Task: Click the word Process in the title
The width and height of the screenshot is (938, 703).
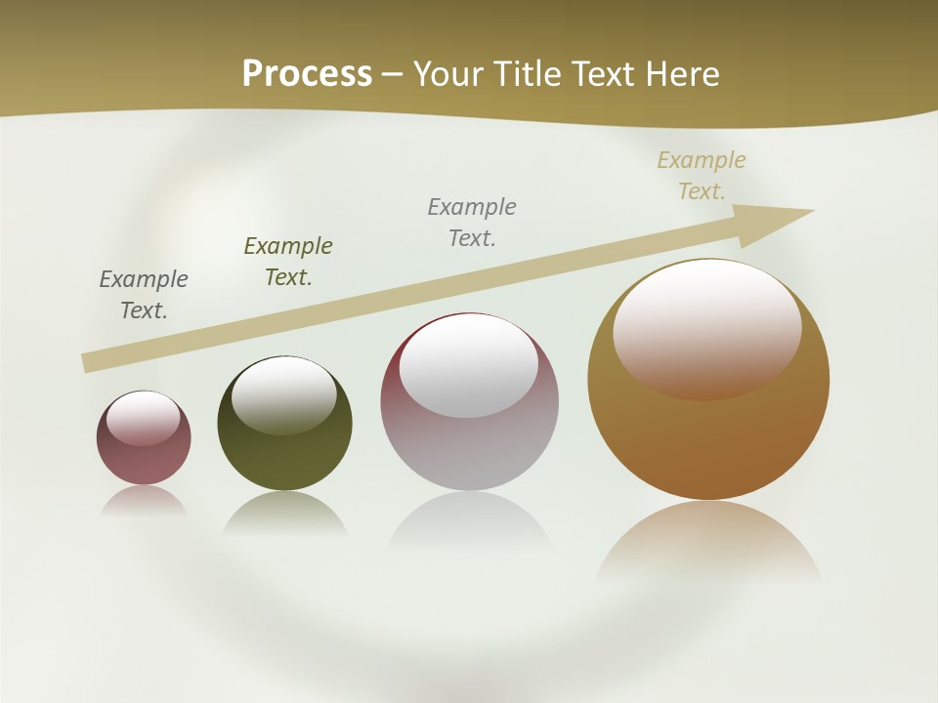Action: click(x=307, y=73)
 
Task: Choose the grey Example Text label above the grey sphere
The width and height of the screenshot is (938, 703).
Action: click(x=472, y=223)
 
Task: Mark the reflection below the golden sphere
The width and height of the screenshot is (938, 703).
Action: click(x=708, y=542)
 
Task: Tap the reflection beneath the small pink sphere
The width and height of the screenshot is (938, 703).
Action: click(x=144, y=501)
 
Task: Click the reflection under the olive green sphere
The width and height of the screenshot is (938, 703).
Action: click(x=284, y=513)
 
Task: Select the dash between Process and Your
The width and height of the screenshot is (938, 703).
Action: click(x=393, y=74)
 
